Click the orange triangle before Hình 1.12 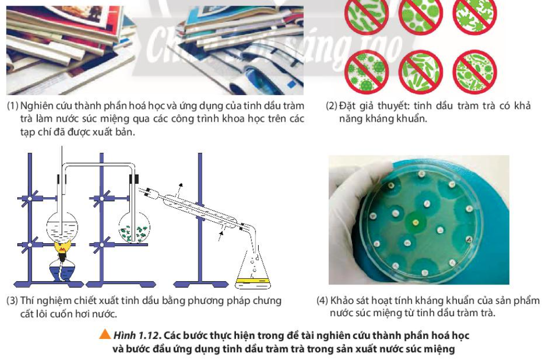pos(104,334)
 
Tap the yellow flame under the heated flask pos(63,248)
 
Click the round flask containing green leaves pos(134,227)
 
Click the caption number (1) pos(12,106)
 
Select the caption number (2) pos(331,106)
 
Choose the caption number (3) pos(12,301)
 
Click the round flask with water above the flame pos(62,227)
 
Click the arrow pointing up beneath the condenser pos(220,235)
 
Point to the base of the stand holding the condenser pos(201,284)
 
